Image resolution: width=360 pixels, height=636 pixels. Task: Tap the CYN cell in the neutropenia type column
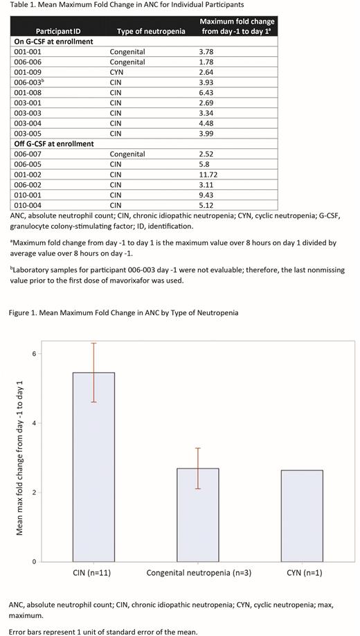[x=117, y=72]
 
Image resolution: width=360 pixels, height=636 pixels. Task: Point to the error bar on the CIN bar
[x=93, y=372]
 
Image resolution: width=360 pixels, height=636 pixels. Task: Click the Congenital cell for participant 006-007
[x=127, y=154]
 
